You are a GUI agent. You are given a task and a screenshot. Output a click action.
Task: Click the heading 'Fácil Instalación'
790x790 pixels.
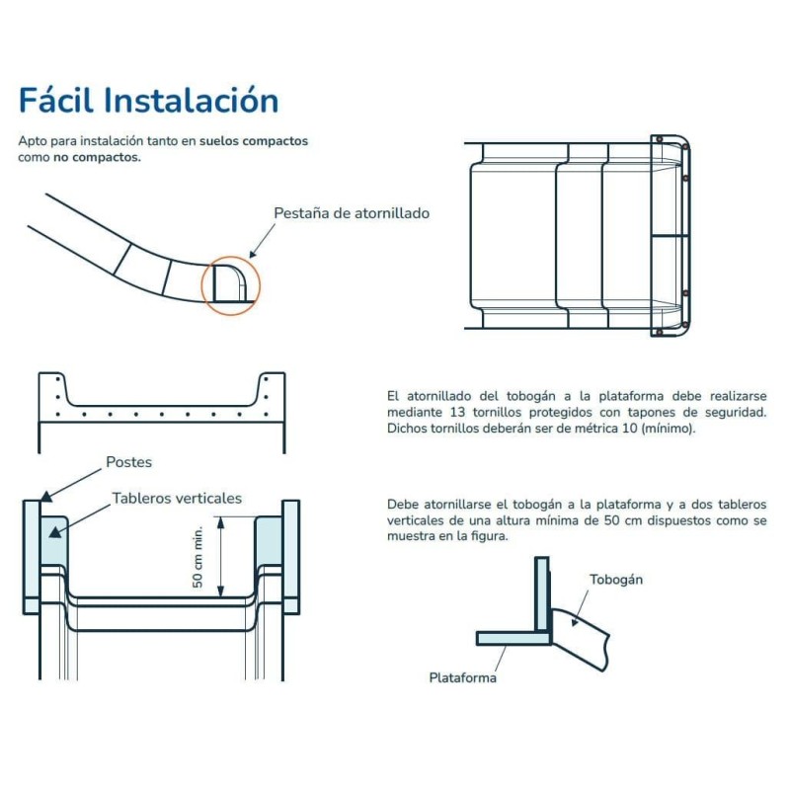coord(148,100)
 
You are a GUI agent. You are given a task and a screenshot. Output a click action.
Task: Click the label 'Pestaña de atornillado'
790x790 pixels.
coord(352,212)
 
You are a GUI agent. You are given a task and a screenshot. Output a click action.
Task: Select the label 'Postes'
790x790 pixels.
coord(128,461)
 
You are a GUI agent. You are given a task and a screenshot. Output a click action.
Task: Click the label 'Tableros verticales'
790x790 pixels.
coord(177,499)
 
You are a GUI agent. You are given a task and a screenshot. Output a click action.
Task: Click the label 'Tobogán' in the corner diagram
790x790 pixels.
coord(616,580)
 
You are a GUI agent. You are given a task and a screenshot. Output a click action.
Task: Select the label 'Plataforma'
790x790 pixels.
coord(462,677)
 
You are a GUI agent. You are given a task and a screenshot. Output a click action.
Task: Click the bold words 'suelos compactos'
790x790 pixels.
coord(254,141)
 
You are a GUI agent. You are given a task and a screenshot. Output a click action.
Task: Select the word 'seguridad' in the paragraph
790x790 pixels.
coord(735,411)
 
